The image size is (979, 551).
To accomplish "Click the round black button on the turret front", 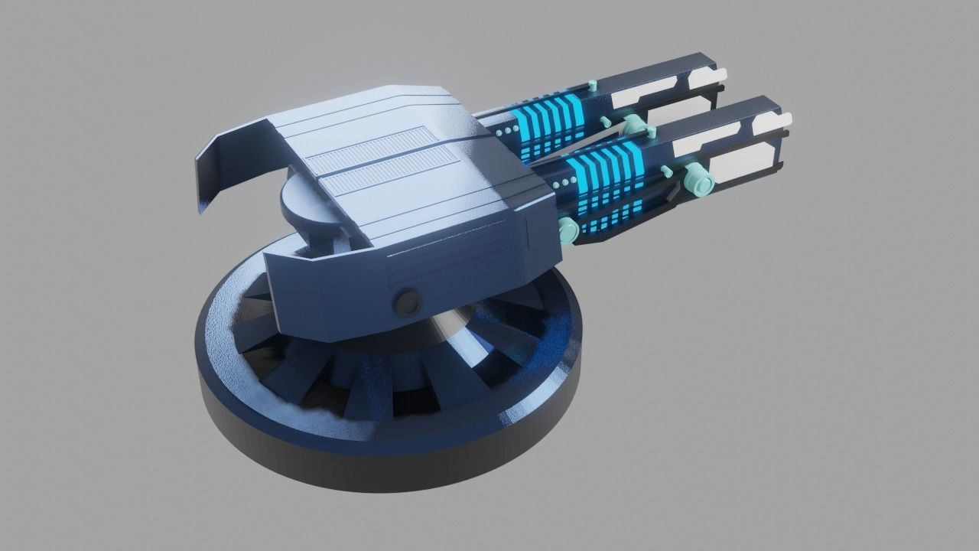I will [x=408, y=302].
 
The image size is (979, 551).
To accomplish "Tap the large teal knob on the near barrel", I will [x=698, y=179].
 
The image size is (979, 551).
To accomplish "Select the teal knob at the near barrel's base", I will [x=568, y=228].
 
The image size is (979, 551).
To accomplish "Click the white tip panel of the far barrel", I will [x=707, y=76].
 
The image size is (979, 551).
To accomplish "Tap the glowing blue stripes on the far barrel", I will [x=547, y=119].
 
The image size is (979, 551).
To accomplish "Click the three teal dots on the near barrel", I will [x=561, y=184].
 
